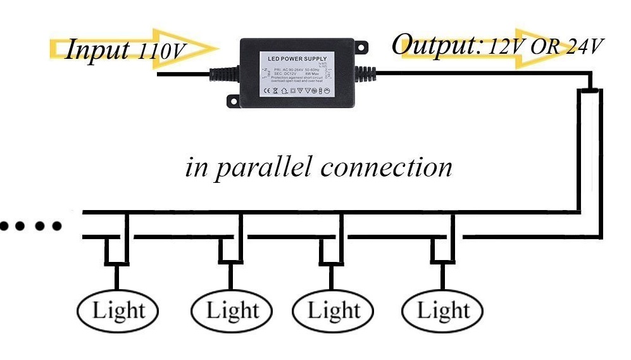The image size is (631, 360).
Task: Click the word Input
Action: click(98, 49)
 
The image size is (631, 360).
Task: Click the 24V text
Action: click(584, 46)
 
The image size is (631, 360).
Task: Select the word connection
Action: click(386, 168)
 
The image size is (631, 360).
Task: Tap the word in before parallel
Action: click(196, 168)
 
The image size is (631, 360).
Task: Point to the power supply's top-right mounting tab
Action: click(360, 46)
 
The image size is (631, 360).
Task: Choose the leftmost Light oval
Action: click(118, 311)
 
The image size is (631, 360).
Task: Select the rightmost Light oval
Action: click(442, 311)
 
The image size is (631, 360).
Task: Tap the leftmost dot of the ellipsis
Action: click(6, 225)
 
